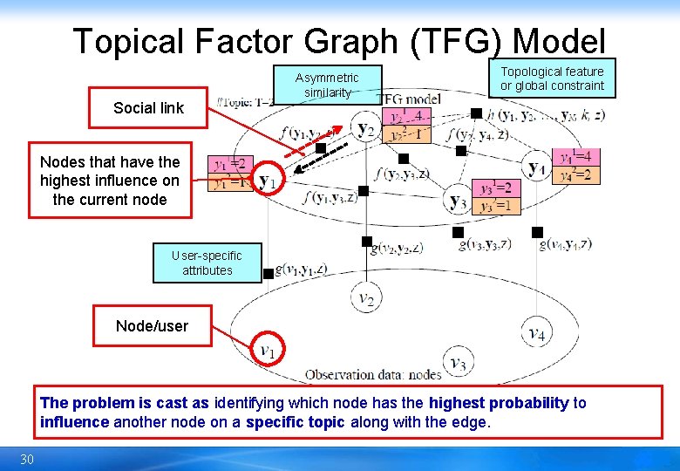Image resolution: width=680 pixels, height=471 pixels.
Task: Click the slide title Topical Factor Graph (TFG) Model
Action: pyautogui.click(x=339, y=41)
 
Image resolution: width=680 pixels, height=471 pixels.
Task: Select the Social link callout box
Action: pyautogui.click(x=149, y=108)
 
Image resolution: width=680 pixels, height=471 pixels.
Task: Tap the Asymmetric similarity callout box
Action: pyautogui.click(x=327, y=85)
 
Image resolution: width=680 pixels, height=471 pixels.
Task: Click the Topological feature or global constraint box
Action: pyautogui.click(x=552, y=78)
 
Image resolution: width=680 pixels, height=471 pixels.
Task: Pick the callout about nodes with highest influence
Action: pyautogui.click(x=110, y=181)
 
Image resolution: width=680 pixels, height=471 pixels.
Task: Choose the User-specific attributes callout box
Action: pyautogui.click(x=207, y=263)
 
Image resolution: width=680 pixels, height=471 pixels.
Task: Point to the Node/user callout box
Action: pyautogui.click(x=152, y=326)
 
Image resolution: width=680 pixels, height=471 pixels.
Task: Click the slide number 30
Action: pyautogui.click(x=27, y=460)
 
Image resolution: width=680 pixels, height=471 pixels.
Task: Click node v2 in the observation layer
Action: pyautogui.click(x=366, y=299)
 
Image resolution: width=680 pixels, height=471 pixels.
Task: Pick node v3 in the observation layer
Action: pyautogui.click(x=457, y=361)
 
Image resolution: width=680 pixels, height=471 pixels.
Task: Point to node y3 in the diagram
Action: pyautogui.click(x=457, y=200)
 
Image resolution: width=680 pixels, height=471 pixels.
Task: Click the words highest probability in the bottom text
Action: pyautogui.click(x=499, y=403)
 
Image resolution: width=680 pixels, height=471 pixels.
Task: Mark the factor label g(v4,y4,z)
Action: pyautogui.click(x=565, y=245)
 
